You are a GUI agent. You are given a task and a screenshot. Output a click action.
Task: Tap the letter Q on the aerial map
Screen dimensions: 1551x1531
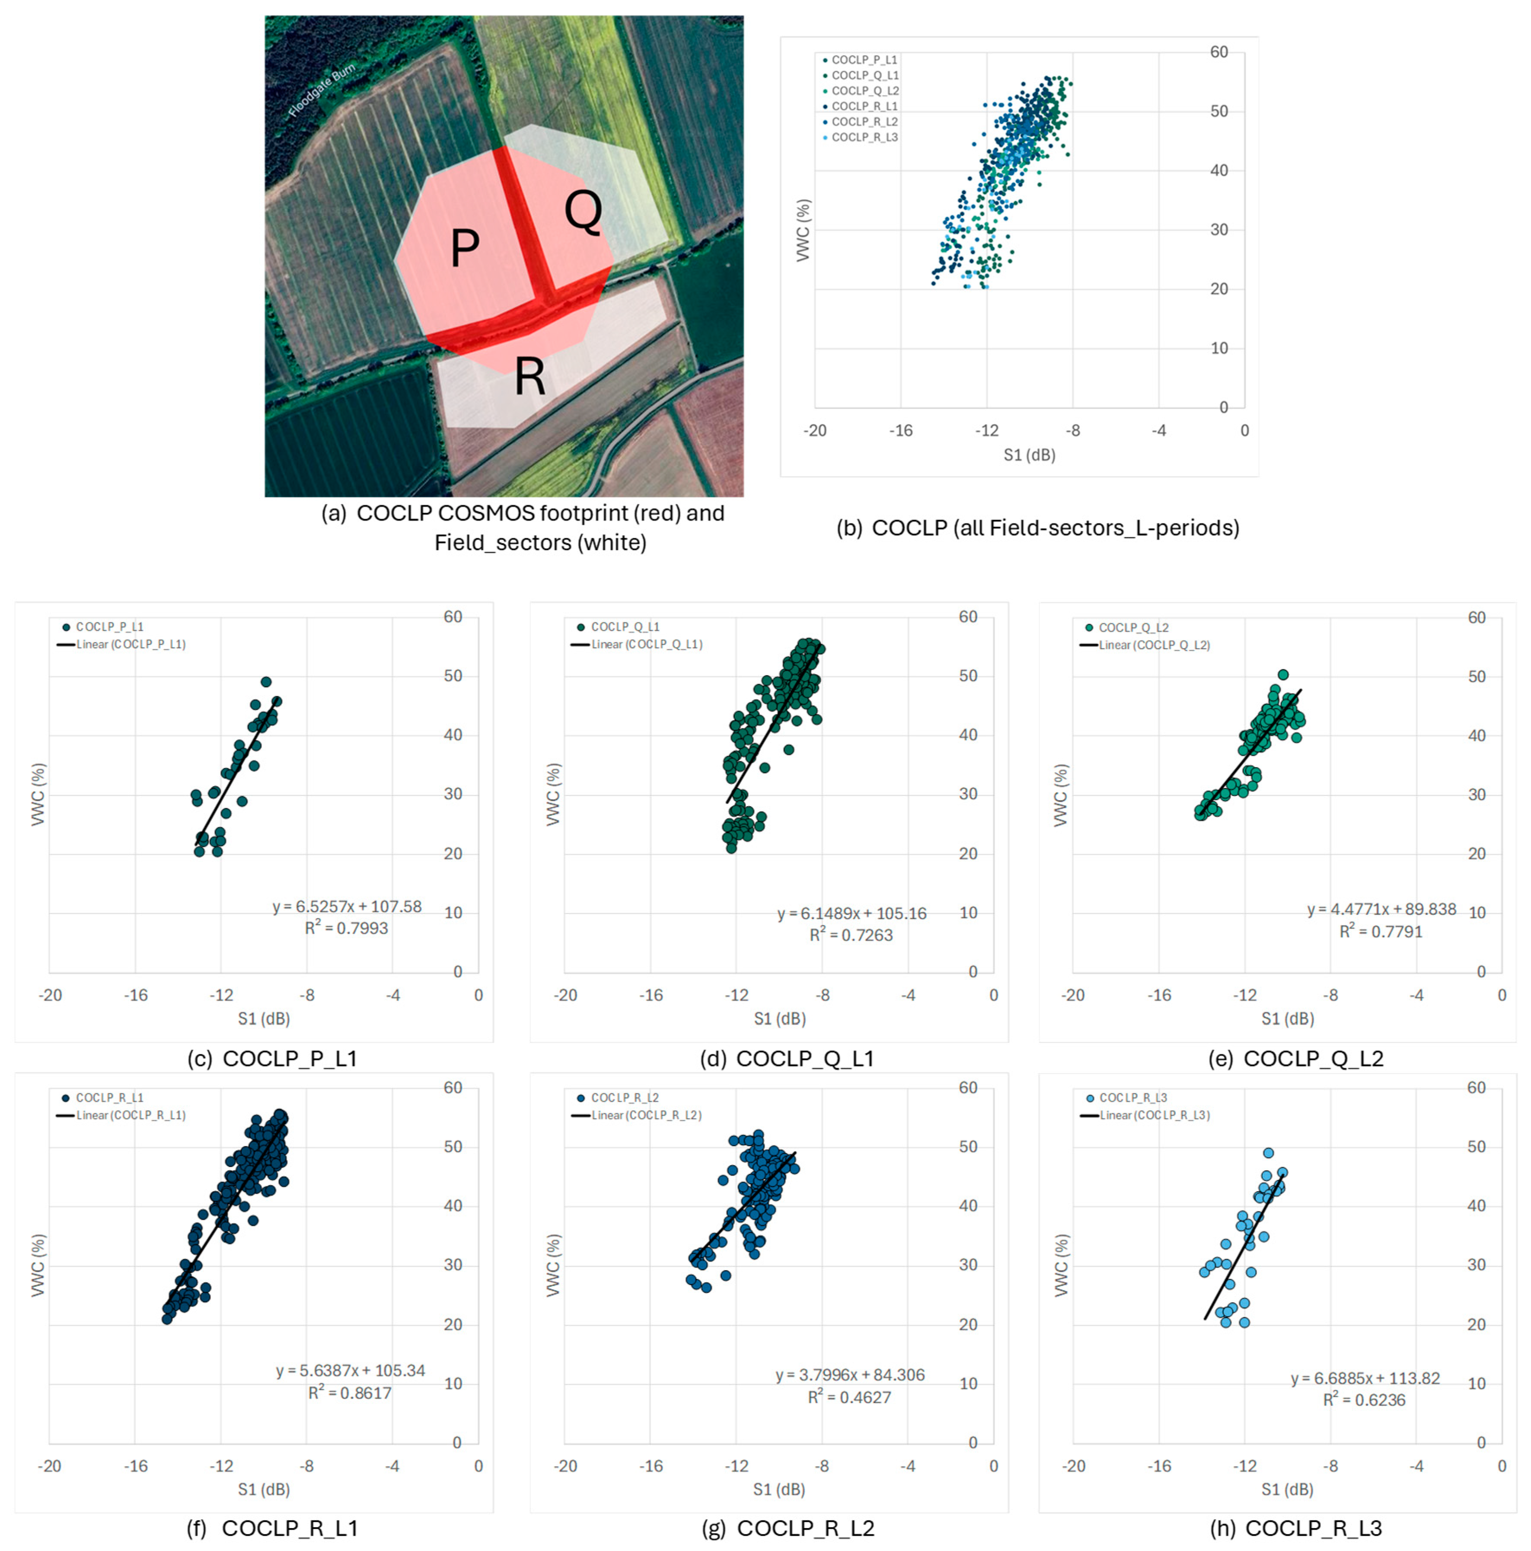pos(584,212)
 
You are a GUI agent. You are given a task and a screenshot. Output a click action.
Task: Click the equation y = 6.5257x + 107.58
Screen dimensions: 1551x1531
pos(347,907)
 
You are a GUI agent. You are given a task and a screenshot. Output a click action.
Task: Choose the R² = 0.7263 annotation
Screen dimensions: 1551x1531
pos(851,935)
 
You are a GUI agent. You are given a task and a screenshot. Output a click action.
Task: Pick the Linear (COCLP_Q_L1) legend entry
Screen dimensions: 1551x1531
pos(646,644)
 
